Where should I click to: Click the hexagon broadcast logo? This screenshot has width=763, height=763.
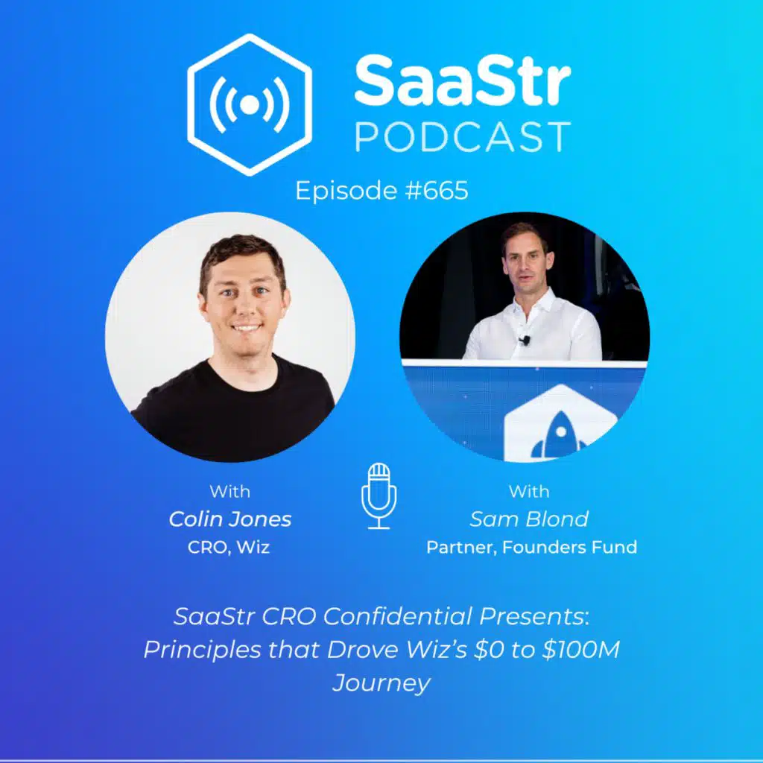(250, 104)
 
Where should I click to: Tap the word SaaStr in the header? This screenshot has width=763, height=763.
(462, 82)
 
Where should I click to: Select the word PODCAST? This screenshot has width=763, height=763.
(462, 137)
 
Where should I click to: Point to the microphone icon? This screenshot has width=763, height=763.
(379, 496)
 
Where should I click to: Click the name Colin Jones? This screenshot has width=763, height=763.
(230, 519)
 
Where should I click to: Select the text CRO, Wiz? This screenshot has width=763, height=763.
(229, 546)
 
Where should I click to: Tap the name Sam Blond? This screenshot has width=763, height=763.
(529, 519)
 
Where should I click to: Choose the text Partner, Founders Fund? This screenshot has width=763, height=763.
(531, 547)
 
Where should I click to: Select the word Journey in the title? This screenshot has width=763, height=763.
(381, 683)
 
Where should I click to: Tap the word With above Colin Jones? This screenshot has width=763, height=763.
(229, 492)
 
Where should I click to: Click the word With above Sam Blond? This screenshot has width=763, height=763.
(528, 492)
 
